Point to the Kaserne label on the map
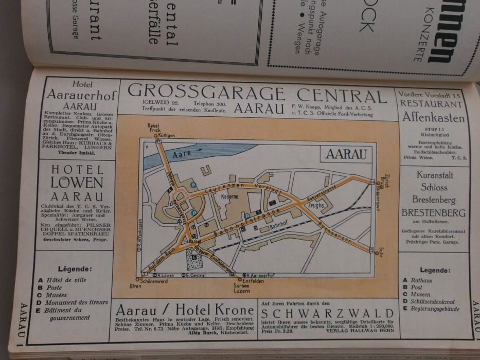[x=228, y=197]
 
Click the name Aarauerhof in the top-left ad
[x=81, y=95]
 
